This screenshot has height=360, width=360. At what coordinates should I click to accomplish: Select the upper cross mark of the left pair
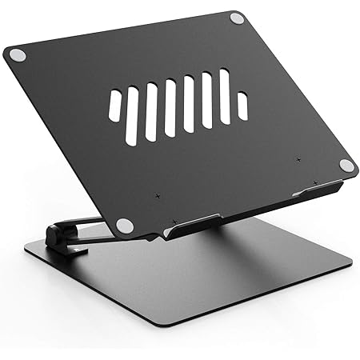pyautogui.click(x=158, y=196)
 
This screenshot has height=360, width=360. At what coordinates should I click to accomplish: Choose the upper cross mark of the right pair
pyautogui.click(x=298, y=161)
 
